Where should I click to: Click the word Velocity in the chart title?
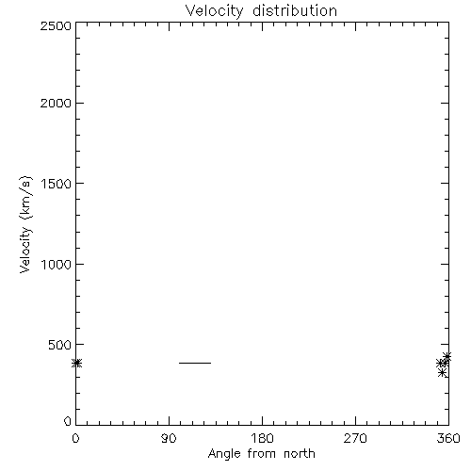click(214, 11)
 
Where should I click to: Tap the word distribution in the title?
click(295, 10)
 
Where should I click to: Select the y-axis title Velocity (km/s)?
click(25, 224)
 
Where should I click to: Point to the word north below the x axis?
click(300, 453)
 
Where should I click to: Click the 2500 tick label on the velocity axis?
click(56, 25)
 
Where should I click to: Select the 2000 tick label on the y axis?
click(56, 103)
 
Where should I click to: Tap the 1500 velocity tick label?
click(57, 184)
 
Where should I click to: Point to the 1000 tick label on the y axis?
click(57, 264)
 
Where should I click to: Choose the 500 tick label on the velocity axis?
click(60, 345)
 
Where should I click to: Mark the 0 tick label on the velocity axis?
click(68, 421)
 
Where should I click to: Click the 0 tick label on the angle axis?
click(75, 438)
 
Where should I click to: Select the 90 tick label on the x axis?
click(169, 438)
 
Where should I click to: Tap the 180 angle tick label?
click(262, 438)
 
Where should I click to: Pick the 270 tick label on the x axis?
click(355, 438)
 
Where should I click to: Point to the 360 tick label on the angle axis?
click(448, 438)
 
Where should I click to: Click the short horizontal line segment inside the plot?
click(195, 363)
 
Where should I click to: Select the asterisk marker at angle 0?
click(76, 363)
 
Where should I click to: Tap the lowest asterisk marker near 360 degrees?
click(442, 373)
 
